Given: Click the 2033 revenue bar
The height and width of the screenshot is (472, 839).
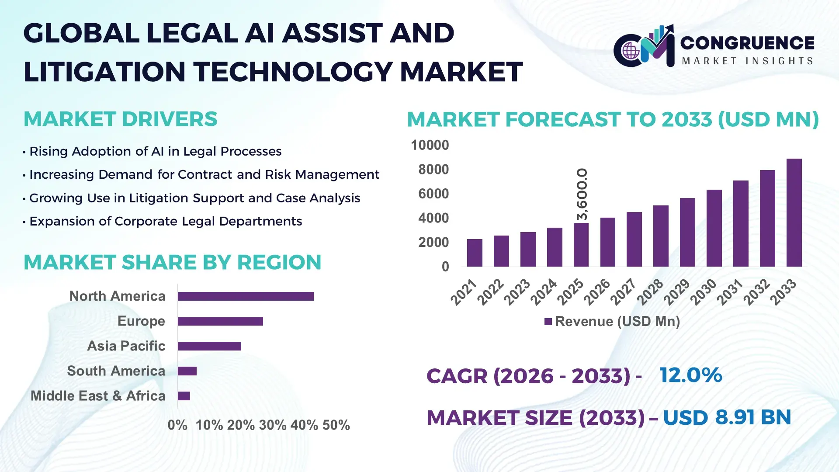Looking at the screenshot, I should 794,213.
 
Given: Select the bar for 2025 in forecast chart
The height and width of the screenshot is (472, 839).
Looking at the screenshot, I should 581,245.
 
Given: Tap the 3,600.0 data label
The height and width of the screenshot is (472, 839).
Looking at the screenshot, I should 582,194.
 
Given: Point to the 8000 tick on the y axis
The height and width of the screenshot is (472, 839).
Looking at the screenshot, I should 433,170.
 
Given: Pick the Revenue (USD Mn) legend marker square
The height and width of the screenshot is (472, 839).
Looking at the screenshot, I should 548,322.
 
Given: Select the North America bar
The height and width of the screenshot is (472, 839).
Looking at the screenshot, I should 246,296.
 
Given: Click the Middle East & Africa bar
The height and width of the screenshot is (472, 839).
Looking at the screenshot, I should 184,396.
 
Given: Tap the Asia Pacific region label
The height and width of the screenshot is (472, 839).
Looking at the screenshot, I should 126,346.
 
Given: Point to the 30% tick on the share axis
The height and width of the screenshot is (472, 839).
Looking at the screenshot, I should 272,425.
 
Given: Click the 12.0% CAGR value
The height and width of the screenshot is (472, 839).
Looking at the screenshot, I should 690,375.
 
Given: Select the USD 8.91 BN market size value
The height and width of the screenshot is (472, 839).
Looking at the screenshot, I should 727,417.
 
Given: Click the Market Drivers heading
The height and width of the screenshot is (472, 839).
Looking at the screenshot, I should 120,119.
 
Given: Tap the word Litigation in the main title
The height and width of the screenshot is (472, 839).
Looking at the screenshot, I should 105,72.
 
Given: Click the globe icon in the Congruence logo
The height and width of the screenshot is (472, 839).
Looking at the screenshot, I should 631,51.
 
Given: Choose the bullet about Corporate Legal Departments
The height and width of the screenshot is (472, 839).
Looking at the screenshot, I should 166,222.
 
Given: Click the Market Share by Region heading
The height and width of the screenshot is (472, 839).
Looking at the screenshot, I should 172,263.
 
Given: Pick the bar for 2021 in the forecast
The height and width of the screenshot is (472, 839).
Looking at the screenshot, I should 475,253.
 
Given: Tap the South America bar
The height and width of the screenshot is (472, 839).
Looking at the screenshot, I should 187,371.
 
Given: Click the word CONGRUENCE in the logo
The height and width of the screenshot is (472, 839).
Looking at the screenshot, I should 747,43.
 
